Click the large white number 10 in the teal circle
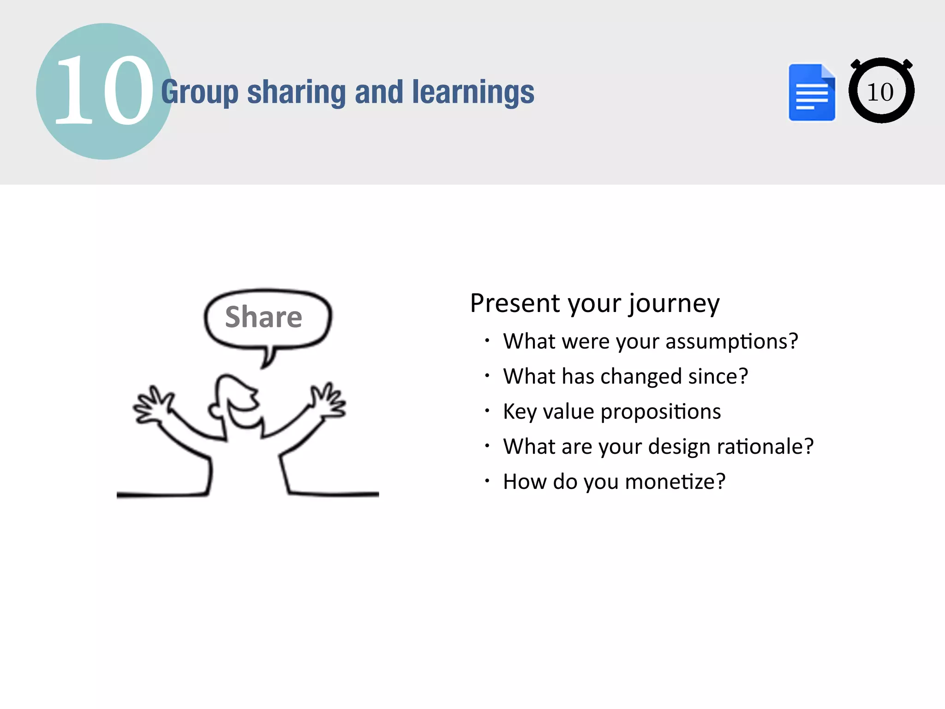click(x=104, y=90)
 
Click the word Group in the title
click(x=199, y=92)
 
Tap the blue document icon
click(x=812, y=92)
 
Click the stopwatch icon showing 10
click(x=881, y=91)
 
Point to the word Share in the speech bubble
click(x=263, y=317)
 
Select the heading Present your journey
click(x=594, y=304)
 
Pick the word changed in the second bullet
click(x=641, y=377)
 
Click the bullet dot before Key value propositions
click(x=487, y=410)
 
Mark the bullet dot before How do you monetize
click(x=487, y=481)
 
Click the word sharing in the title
click(x=296, y=92)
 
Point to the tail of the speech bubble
click(x=268, y=358)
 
